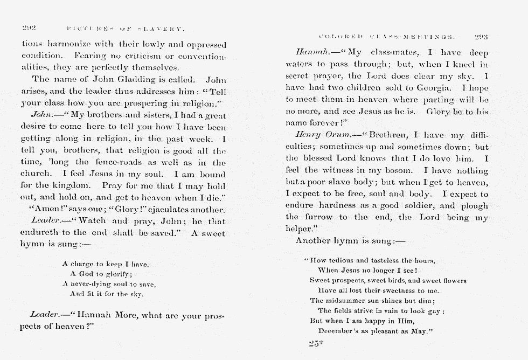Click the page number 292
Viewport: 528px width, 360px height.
[29, 27]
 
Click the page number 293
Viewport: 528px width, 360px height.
[481, 37]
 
